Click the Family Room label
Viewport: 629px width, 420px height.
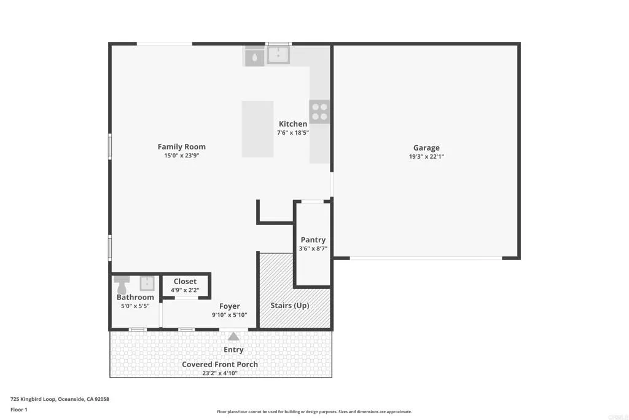[181, 146]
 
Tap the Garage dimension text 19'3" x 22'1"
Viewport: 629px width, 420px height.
[426, 157]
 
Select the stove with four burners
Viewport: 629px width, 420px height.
[319, 112]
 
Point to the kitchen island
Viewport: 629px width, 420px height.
[257, 129]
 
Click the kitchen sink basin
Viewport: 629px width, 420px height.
[278, 55]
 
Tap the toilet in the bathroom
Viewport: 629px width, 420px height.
[122, 285]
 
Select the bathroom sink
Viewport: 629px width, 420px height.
[147, 283]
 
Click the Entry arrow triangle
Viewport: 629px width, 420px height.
[233, 336]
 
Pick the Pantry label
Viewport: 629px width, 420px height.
[313, 240]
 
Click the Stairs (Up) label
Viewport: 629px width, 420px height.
[290, 306]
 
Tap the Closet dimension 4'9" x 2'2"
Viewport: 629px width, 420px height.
[185, 290]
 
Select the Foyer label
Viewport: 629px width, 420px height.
[230, 306]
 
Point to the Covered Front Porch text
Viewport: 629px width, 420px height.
[220, 364]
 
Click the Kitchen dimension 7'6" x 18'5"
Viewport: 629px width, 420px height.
[293, 132]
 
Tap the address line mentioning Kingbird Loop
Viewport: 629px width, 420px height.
[60, 399]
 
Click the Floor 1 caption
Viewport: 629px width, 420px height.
[19, 410]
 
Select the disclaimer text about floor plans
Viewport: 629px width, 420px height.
[314, 411]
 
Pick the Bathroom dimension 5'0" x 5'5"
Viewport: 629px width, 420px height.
[135, 306]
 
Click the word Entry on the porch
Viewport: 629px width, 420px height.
[233, 350]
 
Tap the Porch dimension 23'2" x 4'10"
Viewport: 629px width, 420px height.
[220, 373]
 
